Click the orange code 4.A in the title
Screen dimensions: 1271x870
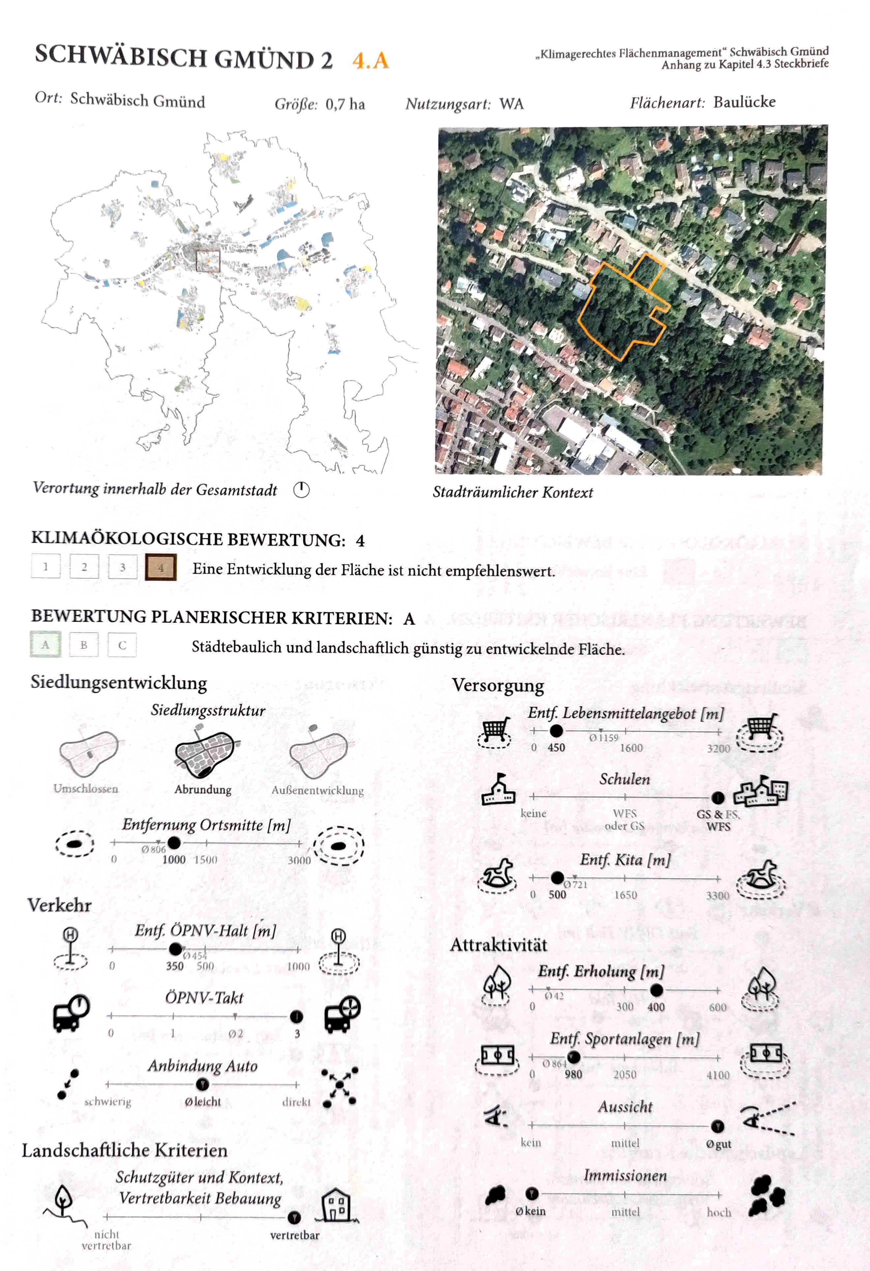(371, 60)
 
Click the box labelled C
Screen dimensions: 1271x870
(122, 645)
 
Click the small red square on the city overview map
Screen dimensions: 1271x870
(208, 261)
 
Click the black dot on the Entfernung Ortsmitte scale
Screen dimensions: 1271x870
(174, 843)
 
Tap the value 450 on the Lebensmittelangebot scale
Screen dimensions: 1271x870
(556, 748)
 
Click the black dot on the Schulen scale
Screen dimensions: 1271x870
(717, 797)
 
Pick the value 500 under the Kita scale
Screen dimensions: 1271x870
(557, 895)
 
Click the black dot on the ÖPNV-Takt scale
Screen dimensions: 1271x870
(296, 1016)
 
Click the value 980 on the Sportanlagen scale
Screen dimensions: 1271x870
(573, 1074)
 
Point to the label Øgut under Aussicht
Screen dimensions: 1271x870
(718, 1144)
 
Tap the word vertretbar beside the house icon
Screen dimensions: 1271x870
(294, 1235)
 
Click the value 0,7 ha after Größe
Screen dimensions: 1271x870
(345, 104)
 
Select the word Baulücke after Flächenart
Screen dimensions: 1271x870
(744, 102)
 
